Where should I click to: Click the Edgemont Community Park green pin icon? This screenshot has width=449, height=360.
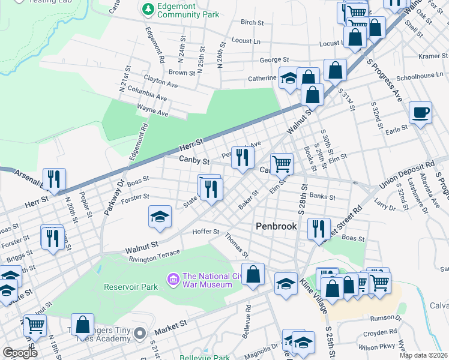tap(147, 10)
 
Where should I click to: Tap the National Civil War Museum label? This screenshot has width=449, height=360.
tap(206, 280)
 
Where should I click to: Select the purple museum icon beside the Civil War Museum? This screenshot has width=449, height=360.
tap(173, 280)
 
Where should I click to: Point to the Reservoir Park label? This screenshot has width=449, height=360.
tap(130, 287)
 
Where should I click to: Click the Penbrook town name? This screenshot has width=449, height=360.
tap(277, 226)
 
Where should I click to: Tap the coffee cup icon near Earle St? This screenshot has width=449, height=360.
tap(420, 112)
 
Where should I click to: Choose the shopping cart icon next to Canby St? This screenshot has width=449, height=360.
tap(282, 163)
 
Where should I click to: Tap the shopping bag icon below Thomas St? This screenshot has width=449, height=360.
tap(254, 274)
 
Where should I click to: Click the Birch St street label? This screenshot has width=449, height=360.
tap(252, 22)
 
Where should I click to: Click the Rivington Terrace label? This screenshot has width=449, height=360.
tap(154, 254)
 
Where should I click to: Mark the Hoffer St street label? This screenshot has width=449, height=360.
tap(206, 232)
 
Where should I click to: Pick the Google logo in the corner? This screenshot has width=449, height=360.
tap(20, 352)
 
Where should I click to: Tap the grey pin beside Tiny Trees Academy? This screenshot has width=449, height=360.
tap(140, 332)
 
